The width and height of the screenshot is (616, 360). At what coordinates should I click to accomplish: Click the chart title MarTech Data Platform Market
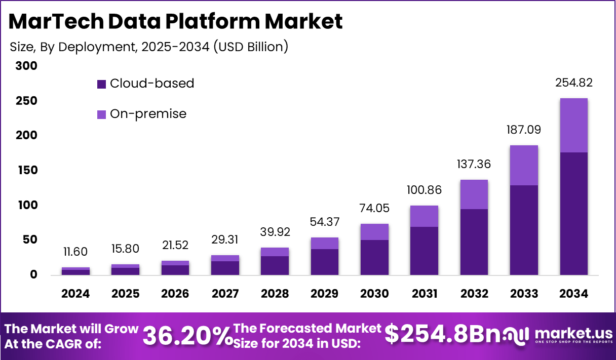(x=175, y=21)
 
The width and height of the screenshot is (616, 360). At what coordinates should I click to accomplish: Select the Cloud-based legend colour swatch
(x=101, y=84)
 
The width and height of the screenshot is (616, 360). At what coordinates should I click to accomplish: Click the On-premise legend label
(x=148, y=114)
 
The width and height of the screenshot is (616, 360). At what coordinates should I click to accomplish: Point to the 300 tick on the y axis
(x=26, y=66)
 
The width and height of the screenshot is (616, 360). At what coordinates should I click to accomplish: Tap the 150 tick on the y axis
(x=26, y=170)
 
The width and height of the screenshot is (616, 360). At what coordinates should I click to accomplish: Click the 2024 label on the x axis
(x=75, y=294)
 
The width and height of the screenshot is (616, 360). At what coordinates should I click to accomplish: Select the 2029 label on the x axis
(x=325, y=294)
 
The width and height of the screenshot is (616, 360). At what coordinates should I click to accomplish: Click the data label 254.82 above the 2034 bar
(x=573, y=83)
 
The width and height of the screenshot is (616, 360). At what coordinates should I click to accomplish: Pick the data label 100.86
(x=424, y=190)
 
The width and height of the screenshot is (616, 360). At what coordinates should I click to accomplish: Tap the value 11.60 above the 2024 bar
(x=75, y=252)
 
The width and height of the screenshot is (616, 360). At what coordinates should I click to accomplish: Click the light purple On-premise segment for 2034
(x=573, y=125)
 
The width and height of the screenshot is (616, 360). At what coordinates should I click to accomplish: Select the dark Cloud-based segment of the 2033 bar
(x=524, y=230)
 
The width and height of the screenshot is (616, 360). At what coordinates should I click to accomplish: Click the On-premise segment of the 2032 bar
(x=474, y=194)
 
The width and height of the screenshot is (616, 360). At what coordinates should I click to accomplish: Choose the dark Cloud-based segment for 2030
(x=374, y=257)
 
